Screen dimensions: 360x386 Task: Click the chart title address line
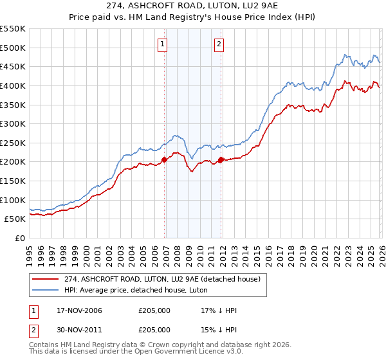[x=193, y=6]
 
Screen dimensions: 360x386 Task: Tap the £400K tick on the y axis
[x=12, y=85]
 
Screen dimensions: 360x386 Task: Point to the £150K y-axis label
[x=12, y=181]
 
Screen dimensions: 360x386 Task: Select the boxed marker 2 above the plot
[x=219, y=44]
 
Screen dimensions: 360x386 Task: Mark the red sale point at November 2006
[x=164, y=159]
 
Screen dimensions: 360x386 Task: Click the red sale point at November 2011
[x=221, y=159]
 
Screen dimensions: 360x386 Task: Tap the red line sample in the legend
[x=45, y=279]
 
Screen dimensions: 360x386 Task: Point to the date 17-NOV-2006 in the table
[x=76, y=310]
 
